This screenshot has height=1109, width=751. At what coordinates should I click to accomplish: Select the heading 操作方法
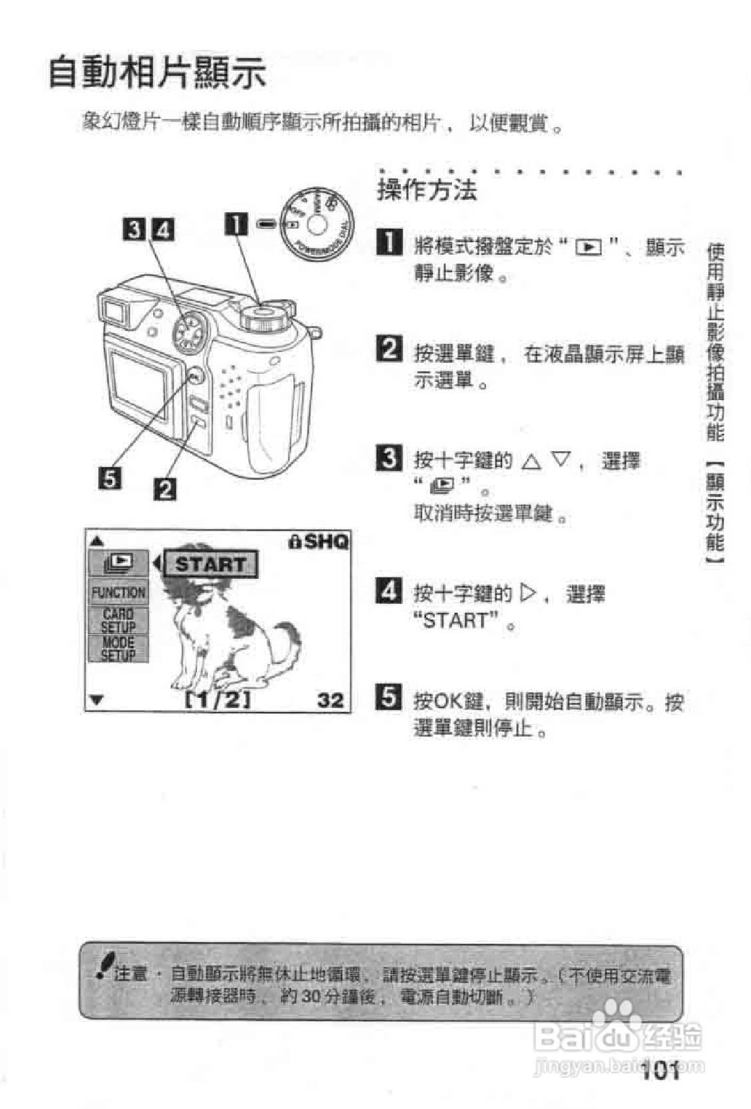427,190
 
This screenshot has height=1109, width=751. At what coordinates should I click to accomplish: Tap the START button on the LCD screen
210,565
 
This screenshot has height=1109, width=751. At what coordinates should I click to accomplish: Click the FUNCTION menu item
119,592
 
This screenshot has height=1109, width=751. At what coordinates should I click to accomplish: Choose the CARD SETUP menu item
119,620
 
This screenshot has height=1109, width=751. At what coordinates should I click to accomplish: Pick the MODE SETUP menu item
119,649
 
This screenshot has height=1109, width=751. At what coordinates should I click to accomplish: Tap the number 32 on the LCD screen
330,700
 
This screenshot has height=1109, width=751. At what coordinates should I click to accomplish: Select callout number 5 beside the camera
110,478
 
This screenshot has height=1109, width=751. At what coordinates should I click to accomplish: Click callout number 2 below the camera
165,490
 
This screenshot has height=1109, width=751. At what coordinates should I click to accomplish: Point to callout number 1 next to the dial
236,224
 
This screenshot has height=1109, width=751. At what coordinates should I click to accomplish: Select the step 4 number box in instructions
389,590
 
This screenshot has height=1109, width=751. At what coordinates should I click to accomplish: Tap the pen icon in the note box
103,965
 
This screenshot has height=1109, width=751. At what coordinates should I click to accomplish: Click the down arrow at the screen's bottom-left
97,700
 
